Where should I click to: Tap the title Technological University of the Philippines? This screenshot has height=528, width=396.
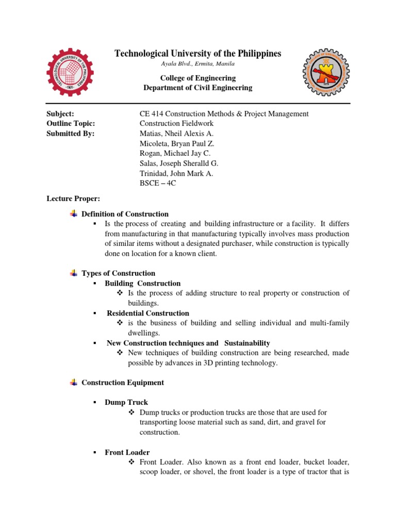(197, 54)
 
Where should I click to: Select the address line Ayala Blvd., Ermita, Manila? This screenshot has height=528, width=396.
(198, 64)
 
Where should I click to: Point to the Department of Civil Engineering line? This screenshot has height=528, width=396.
(197, 88)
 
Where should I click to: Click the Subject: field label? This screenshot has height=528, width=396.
(60, 113)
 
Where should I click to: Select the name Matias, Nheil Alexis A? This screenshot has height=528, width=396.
(176, 133)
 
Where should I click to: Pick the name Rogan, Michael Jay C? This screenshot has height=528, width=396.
(175, 153)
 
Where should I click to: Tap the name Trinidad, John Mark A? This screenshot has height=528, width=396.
(176, 173)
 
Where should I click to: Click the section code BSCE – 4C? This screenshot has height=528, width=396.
(158, 183)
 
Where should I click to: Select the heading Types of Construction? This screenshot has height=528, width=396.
(119, 273)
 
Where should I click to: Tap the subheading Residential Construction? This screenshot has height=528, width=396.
(148, 313)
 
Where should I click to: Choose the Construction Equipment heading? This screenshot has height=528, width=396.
(123, 383)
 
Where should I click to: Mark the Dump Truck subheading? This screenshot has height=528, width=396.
(126, 402)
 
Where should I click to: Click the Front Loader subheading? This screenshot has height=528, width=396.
(127, 452)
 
